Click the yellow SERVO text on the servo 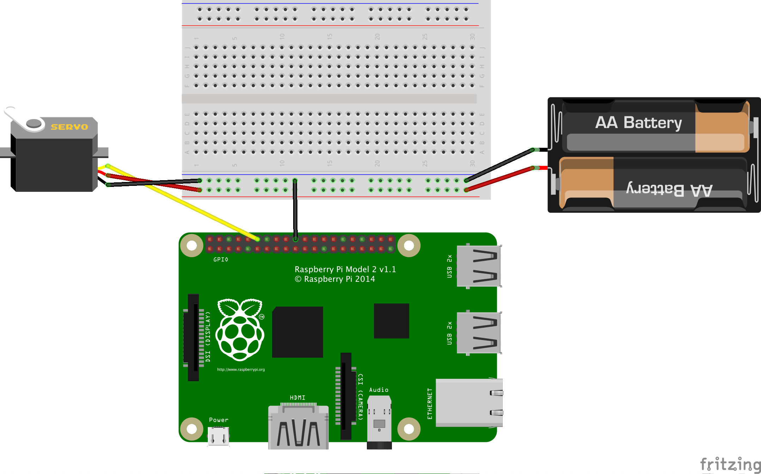(x=69, y=127)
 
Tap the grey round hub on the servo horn (x=34, y=123)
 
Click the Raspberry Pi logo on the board (x=240, y=329)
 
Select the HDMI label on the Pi (x=297, y=397)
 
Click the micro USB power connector (x=218, y=437)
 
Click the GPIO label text (x=221, y=260)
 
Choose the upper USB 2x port (x=478, y=266)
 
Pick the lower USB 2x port (x=478, y=333)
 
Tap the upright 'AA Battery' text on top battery (x=638, y=123)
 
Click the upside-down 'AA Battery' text (x=669, y=189)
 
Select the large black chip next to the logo (x=297, y=332)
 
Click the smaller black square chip (x=391, y=321)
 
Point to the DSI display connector (x=193, y=337)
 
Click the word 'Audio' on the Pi (x=379, y=390)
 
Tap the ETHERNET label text (x=429, y=403)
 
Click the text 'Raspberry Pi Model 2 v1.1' (x=345, y=269)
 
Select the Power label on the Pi (x=218, y=420)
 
